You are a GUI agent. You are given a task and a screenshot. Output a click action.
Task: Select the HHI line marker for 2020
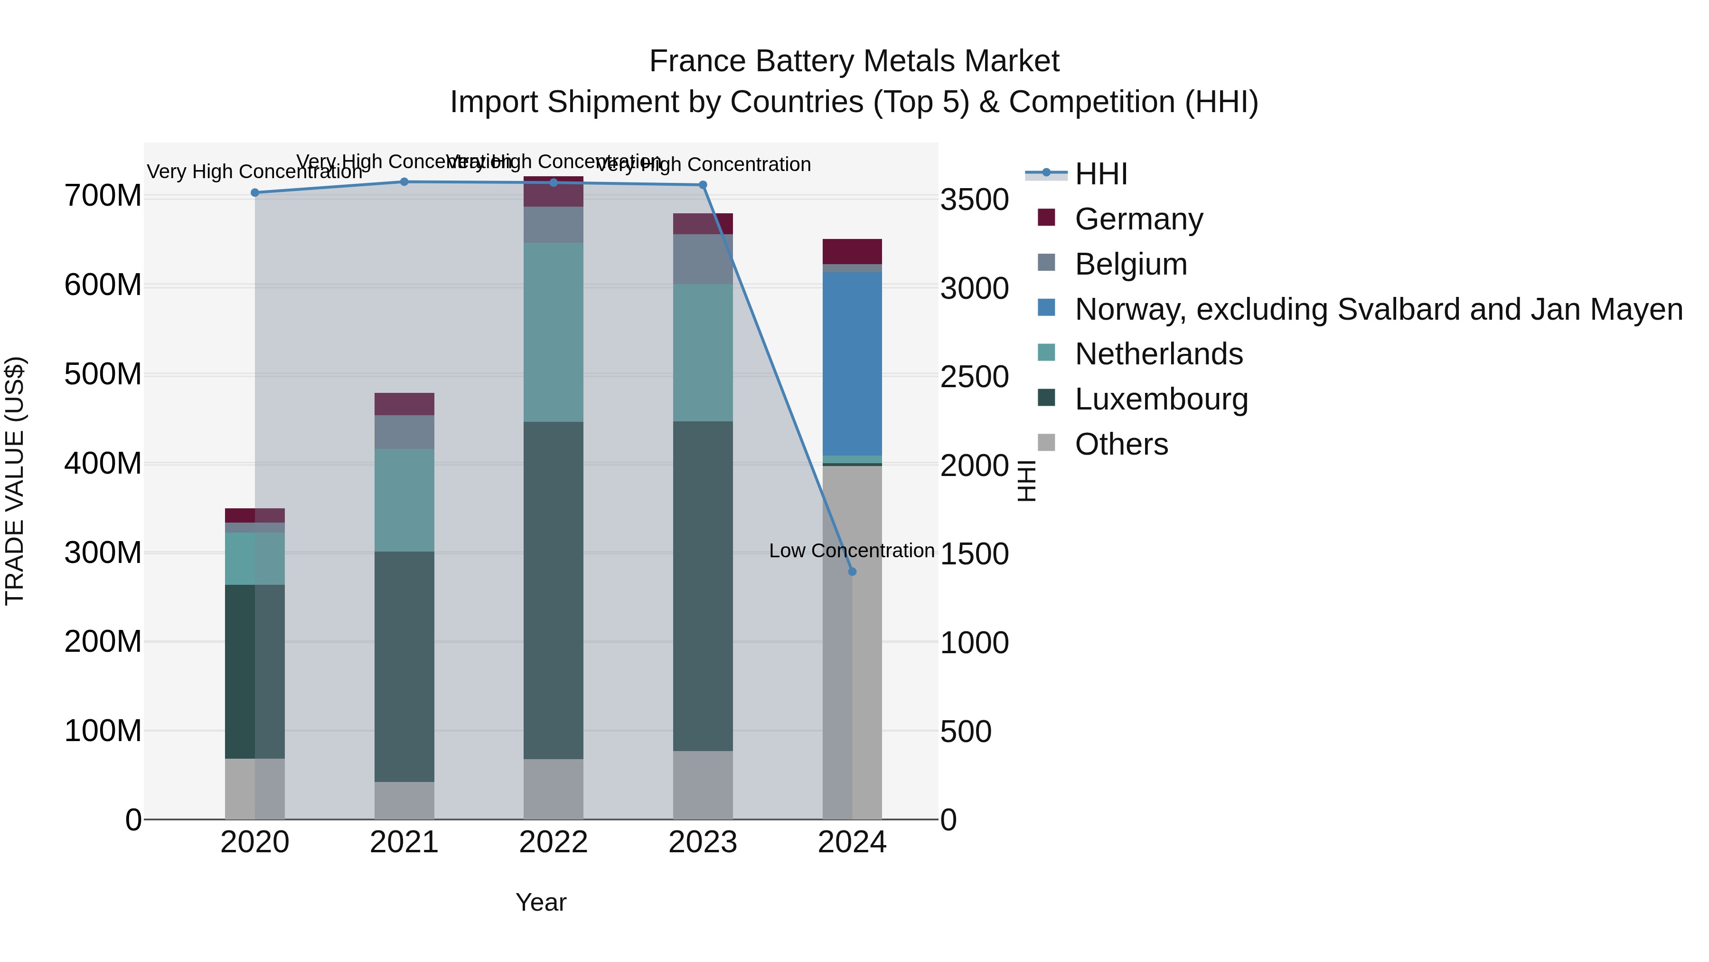point(255,192)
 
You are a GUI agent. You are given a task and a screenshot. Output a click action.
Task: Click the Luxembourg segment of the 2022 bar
point(554,590)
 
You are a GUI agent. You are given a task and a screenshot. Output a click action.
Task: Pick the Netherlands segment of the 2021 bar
point(404,500)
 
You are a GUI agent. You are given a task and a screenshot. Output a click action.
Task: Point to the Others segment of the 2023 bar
point(703,785)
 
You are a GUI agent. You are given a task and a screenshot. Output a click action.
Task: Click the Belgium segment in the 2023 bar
point(703,259)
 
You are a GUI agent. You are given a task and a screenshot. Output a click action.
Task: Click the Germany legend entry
point(1138,219)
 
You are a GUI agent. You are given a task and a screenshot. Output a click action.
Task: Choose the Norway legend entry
point(1378,309)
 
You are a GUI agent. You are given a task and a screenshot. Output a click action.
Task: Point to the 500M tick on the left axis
point(103,374)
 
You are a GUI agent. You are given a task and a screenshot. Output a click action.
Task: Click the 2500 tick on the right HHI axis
point(974,377)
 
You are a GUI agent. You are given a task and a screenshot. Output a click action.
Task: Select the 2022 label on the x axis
point(554,842)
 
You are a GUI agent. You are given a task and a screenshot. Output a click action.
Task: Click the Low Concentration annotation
point(851,551)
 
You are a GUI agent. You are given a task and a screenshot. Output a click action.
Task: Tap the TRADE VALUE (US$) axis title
point(15,481)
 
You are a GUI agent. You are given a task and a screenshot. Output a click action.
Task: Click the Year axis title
point(541,902)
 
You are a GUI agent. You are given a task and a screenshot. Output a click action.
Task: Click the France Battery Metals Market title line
point(854,61)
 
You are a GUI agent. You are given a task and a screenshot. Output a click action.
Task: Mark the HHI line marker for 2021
point(404,182)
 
